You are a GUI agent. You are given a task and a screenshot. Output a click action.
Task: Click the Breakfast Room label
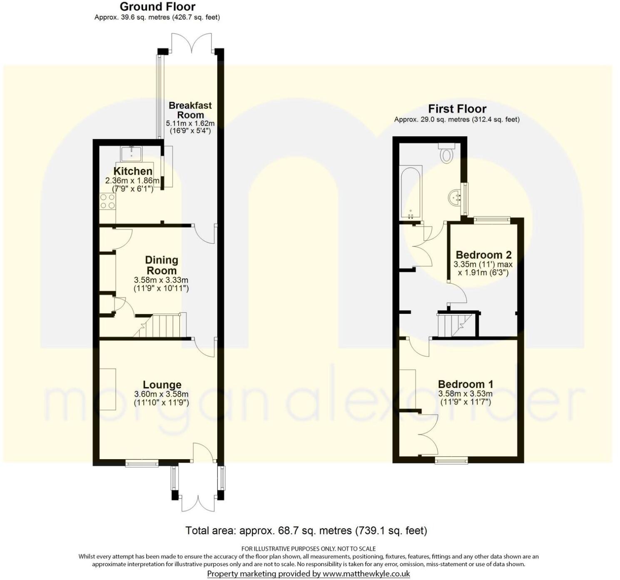coord(190,110)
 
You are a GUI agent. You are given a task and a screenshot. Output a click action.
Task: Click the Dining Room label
coord(161,265)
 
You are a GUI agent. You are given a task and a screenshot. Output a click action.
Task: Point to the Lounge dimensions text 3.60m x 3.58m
coord(161,394)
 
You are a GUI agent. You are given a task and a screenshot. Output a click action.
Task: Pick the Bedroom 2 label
coord(483,255)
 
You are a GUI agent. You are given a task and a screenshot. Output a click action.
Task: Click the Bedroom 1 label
coord(465,384)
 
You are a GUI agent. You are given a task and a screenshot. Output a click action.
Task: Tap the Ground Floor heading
coord(157,7)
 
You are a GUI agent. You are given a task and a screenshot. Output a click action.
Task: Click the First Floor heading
coord(457,109)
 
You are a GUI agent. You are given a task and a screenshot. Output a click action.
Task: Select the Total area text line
coord(306,530)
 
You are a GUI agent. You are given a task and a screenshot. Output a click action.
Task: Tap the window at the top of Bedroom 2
coord(492,219)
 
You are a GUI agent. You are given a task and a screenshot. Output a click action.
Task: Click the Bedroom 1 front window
coord(451,460)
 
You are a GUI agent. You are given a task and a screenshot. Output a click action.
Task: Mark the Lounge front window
coord(142,462)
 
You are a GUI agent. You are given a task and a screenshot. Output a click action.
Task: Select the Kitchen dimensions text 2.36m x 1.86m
coord(132,181)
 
